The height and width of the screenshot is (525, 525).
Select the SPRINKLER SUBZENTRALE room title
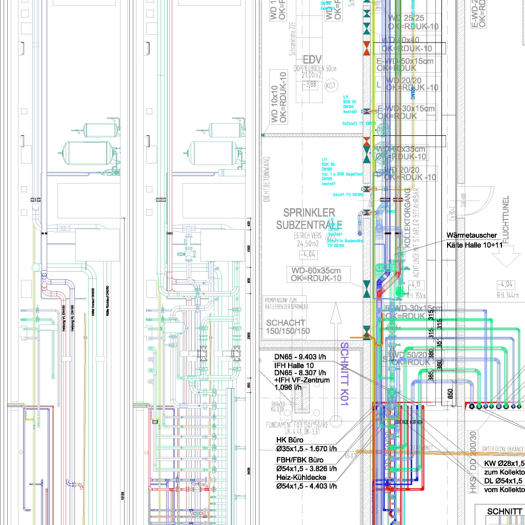coord(306,218)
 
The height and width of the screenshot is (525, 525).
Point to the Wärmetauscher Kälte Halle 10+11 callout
coord(474,240)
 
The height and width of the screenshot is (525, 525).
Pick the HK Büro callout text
coord(290,440)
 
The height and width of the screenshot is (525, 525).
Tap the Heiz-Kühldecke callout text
coord(301,477)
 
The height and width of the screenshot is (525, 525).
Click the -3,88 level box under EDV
coord(310,85)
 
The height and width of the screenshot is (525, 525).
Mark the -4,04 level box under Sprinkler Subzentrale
coord(309,254)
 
